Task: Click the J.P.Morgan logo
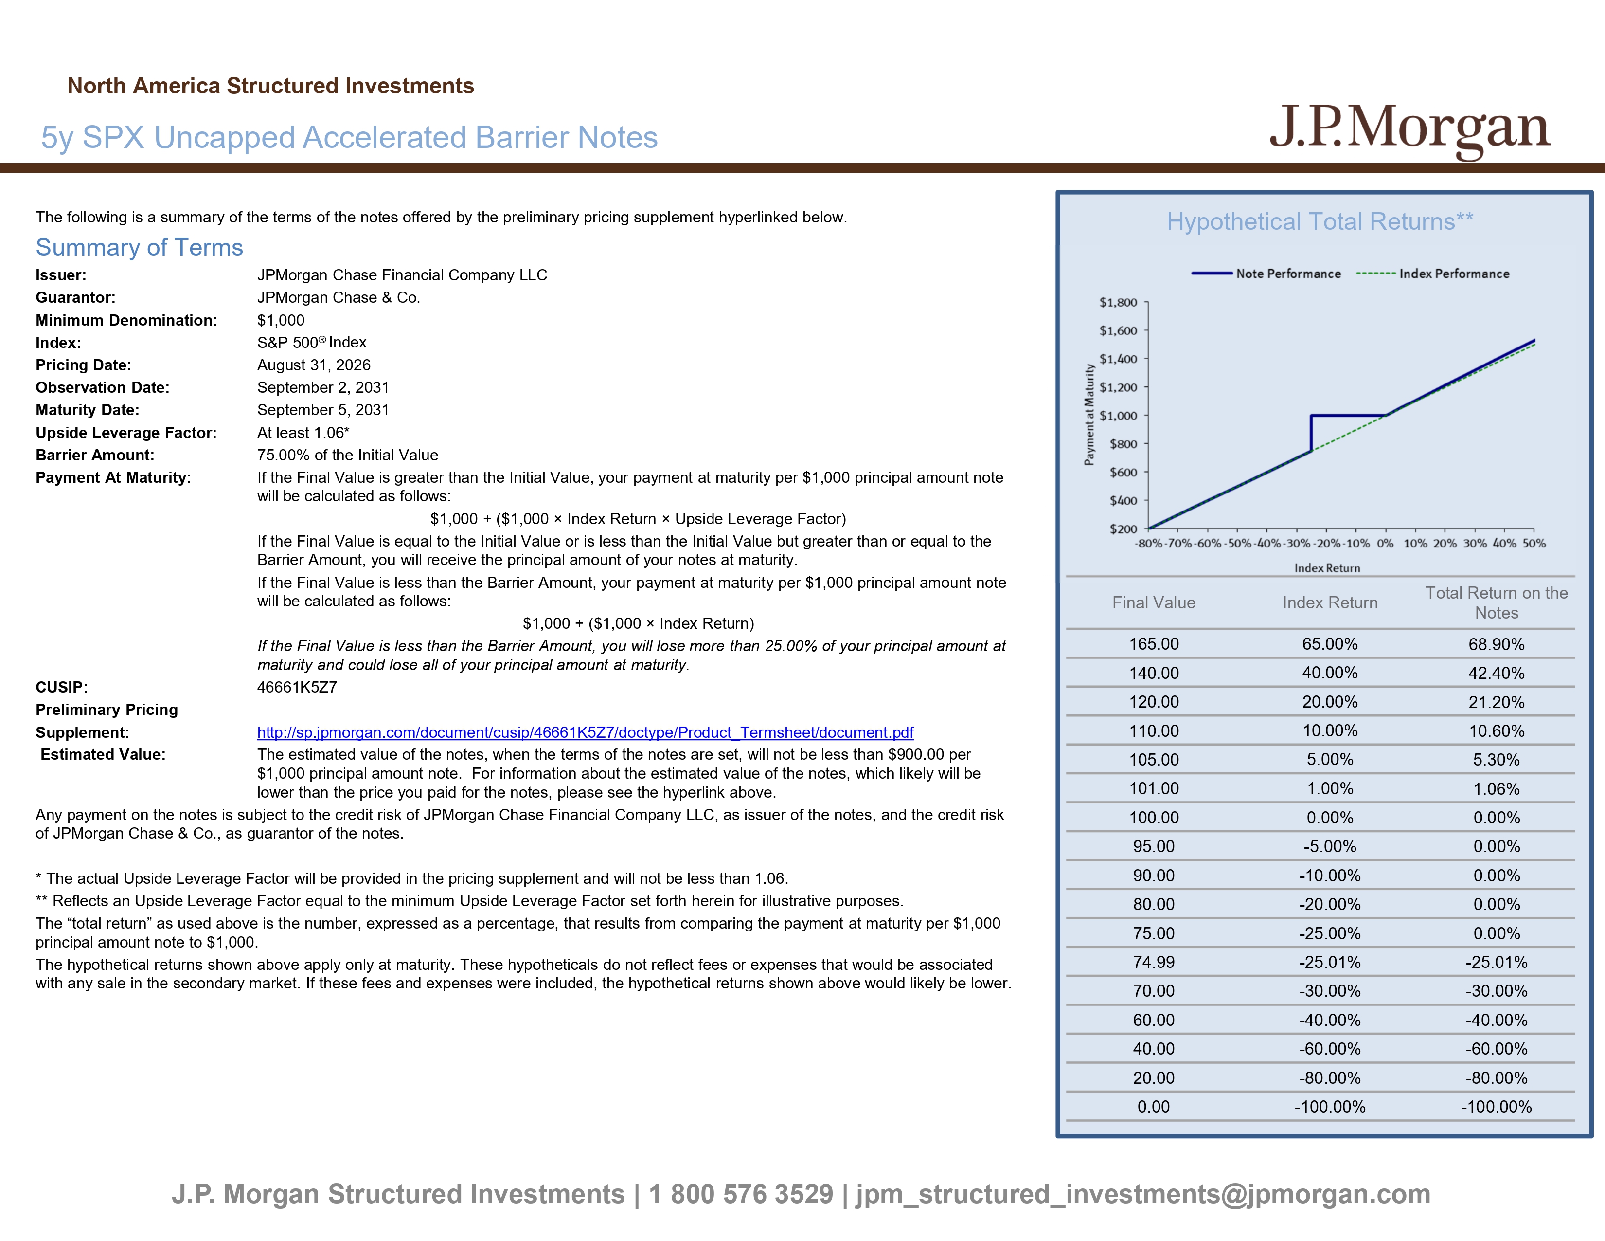[x=1409, y=128]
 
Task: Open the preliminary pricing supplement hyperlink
[x=585, y=732]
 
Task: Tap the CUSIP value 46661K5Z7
[x=297, y=687]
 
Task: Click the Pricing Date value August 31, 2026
[x=314, y=365]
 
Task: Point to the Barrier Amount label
[x=95, y=455]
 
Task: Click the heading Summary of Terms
[x=139, y=248]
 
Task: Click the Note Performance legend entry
[x=1266, y=274]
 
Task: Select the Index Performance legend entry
[x=1433, y=274]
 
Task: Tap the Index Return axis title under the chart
[x=1327, y=568]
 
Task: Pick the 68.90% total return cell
[x=1496, y=645]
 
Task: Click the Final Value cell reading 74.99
[x=1154, y=962]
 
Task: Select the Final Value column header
[x=1154, y=603]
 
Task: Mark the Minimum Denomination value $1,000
[x=281, y=321]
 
